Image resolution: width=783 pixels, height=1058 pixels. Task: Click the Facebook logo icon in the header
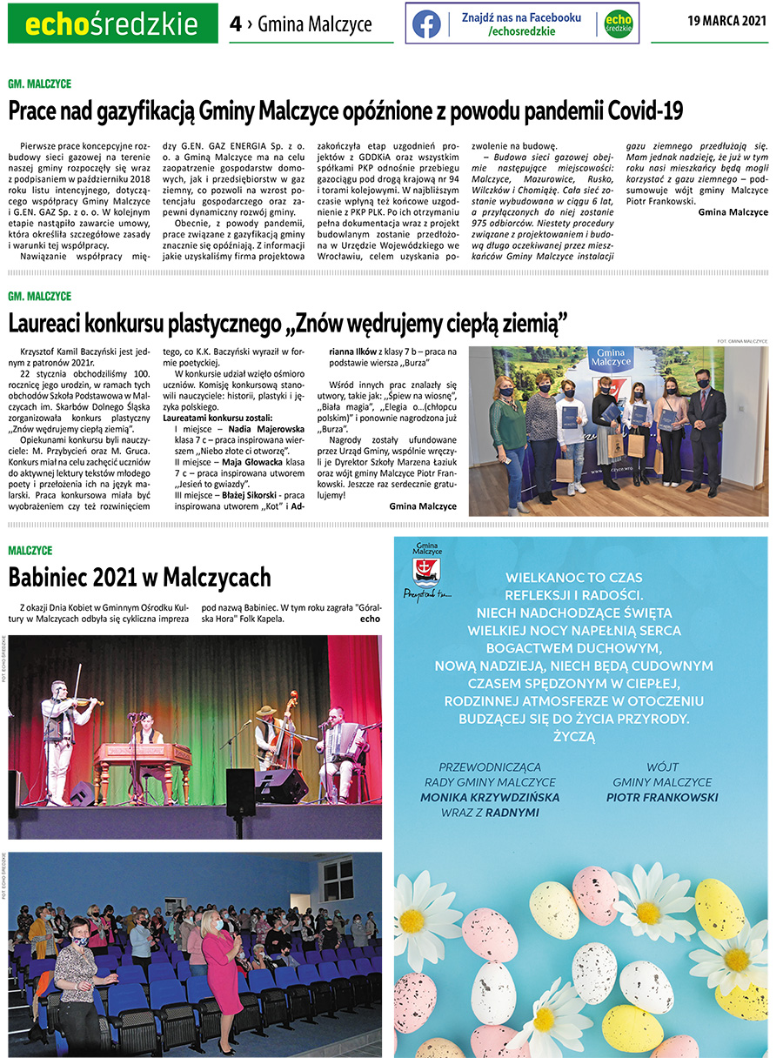426,23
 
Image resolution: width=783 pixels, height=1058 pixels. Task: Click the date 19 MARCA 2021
726,20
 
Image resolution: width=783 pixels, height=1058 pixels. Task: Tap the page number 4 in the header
235,24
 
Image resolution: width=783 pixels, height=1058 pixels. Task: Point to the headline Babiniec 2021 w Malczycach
139,578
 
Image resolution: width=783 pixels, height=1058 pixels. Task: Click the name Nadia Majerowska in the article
266,429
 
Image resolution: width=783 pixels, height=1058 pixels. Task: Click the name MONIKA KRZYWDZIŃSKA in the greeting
490,797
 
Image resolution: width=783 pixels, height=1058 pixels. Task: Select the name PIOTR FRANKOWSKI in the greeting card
662,797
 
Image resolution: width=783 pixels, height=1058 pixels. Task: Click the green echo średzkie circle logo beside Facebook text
618,23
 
